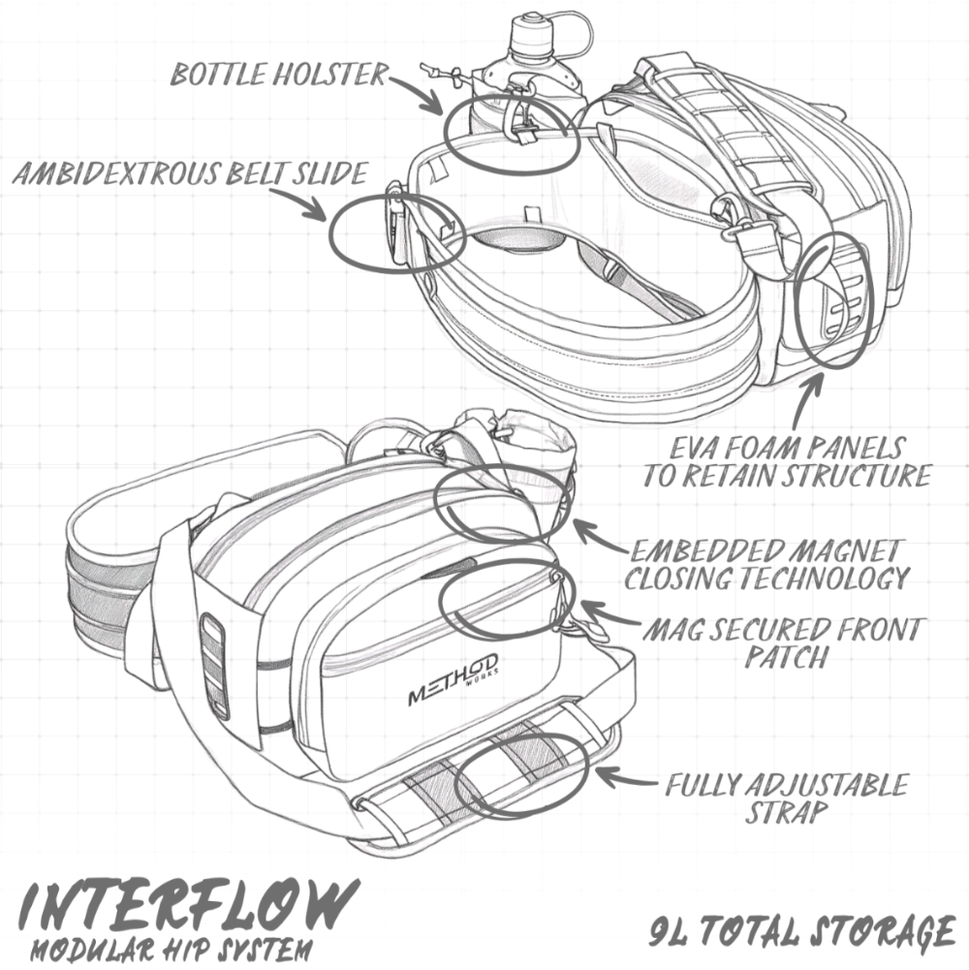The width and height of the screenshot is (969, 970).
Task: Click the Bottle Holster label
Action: (x=279, y=75)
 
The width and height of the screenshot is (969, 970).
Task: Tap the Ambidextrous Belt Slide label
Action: (x=190, y=174)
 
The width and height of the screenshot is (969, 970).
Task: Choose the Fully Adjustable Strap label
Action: (x=786, y=797)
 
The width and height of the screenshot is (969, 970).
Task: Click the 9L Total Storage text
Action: (x=800, y=933)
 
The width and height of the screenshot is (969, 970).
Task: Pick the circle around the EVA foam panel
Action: (x=834, y=299)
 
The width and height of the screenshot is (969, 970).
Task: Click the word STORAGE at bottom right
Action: (x=871, y=933)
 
